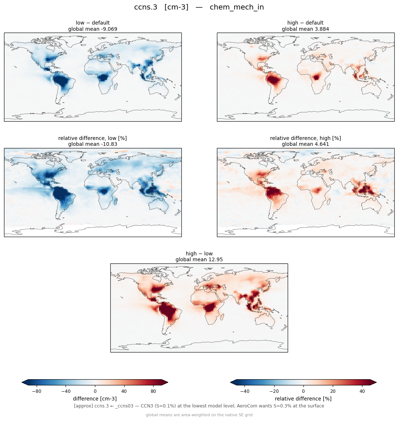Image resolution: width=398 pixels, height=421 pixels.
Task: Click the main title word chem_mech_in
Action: point(237,7)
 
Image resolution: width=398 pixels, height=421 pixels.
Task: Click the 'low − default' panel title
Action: point(93,23)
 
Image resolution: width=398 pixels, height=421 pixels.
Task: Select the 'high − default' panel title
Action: point(305,23)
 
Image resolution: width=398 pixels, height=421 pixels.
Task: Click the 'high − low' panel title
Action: point(199,254)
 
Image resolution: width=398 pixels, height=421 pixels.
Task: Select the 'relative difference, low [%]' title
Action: point(92,138)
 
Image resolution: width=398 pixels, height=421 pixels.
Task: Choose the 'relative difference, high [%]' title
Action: point(305,138)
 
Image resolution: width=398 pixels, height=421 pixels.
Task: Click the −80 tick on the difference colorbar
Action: point(37,391)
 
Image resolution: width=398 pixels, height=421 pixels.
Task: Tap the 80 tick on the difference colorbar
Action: point(153,391)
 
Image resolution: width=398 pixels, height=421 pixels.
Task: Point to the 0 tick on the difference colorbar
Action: point(95,391)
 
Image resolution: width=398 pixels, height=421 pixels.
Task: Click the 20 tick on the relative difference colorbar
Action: point(333,391)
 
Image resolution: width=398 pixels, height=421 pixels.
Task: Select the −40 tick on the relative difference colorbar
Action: point(245,391)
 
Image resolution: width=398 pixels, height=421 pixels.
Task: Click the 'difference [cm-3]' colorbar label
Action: point(95,399)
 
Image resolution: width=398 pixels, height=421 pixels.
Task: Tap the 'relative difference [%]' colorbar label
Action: point(303,399)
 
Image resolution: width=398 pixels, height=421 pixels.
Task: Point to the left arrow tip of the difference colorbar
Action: point(22,382)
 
